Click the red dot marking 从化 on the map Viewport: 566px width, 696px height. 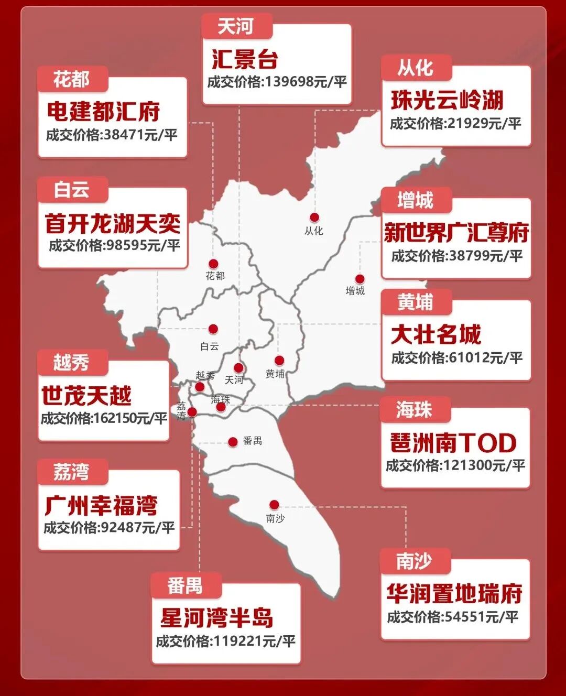[314, 217]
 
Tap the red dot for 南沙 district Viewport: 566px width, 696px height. [274, 505]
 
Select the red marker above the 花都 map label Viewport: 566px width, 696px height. [213, 264]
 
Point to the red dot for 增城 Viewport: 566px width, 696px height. [360, 279]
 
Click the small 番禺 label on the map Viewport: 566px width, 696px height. [252, 441]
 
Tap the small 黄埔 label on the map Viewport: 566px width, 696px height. [275, 374]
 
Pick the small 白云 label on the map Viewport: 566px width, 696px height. [210, 346]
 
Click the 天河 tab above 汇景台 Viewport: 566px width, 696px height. [236, 26]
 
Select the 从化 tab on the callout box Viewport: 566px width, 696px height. [415, 68]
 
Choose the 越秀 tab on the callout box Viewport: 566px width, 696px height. [72, 362]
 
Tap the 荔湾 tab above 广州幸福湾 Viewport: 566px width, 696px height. [72, 472]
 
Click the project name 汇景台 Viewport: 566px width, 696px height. [245, 59]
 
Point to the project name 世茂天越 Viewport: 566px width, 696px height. [86, 396]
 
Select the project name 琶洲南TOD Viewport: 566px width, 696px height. [453, 443]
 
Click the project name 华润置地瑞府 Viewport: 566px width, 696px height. [454, 594]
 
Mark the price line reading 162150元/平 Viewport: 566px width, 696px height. [104, 418]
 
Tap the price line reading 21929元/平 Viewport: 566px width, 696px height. [455, 124]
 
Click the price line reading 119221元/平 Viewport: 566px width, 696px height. [225, 641]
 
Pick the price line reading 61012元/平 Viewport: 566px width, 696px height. [456, 358]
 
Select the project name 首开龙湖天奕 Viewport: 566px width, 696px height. [112, 224]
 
